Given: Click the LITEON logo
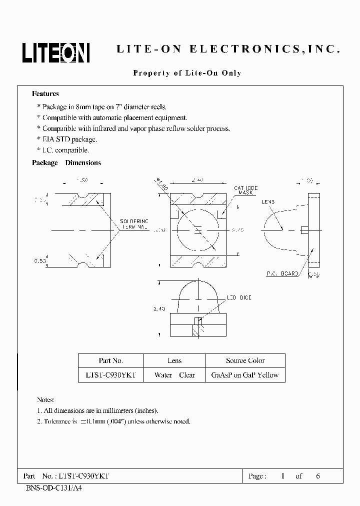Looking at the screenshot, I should click(x=55, y=52).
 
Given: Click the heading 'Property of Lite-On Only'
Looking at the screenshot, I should click(x=187, y=73).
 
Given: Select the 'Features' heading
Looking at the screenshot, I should click(x=45, y=93).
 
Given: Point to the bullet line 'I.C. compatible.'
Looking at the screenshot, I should click(x=65, y=150).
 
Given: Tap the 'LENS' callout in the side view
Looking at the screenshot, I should click(x=268, y=202).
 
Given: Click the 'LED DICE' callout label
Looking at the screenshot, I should click(x=239, y=298).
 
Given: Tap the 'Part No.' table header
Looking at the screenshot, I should click(x=111, y=360).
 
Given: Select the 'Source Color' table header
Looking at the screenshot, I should click(x=245, y=360).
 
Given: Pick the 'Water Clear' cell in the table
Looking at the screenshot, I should click(x=174, y=375).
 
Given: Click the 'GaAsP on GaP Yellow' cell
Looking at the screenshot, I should click(x=245, y=375).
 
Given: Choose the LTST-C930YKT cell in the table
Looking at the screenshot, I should click(x=111, y=375).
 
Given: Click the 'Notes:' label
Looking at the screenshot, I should click(x=45, y=400).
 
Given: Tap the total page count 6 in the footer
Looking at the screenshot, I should click(x=318, y=476).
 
